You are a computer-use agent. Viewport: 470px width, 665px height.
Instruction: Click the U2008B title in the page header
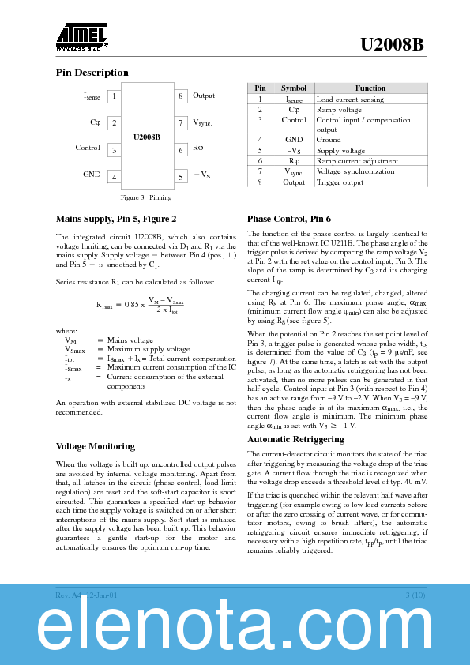tap(392, 45)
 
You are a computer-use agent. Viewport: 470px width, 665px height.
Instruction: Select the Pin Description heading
tap(92, 73)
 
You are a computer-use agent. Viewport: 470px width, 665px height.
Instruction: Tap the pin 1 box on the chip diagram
tap(115, 96)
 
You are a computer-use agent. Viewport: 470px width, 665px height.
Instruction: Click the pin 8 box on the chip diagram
tap(180, 96)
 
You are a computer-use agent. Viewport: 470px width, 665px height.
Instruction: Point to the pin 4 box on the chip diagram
tap(115, 178)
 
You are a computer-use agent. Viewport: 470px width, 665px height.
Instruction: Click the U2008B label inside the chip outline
tap(147, 137)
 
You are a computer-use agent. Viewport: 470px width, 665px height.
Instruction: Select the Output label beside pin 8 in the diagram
tap(204, 96)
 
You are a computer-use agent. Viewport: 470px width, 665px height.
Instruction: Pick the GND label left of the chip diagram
tap(92, 174)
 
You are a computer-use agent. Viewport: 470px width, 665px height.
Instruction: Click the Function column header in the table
tap(370, 88)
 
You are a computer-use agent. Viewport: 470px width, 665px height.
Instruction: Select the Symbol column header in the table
tap(294, 88)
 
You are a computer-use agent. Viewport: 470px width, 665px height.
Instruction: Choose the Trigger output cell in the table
tap(340, 182)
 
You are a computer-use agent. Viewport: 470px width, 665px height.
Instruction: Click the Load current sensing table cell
tap(350, 100)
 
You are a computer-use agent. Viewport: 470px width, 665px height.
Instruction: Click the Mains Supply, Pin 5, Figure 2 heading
tap(116, 219)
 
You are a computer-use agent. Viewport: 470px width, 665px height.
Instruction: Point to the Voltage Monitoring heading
tap(96, 446)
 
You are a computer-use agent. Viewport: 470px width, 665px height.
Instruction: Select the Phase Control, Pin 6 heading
tap(289, 219)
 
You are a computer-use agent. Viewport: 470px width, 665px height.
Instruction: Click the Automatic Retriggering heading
tap(295, 439)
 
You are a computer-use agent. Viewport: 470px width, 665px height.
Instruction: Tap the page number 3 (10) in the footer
tap(415, 594)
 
